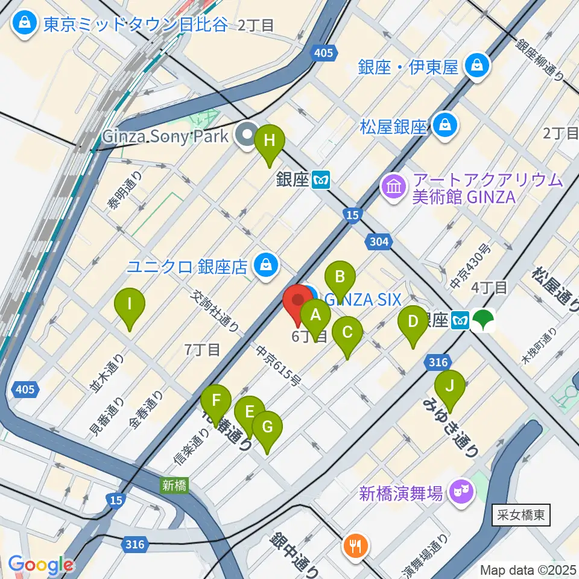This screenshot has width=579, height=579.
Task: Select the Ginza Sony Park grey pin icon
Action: pos(247,134)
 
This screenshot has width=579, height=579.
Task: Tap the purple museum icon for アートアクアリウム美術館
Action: pos(393,187)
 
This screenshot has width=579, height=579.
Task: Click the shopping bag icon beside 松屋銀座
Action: pos(445,126)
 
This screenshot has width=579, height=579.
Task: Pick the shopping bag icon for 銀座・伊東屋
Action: pos(477,66)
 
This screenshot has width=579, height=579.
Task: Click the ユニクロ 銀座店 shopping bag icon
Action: pos(265,264)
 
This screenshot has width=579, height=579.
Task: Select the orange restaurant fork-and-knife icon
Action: pos(353,546)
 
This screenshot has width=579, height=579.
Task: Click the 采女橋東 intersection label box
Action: pos(521,515)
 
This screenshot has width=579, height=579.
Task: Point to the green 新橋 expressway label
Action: pos(173,484)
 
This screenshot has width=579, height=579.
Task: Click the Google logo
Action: pos(41,565)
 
